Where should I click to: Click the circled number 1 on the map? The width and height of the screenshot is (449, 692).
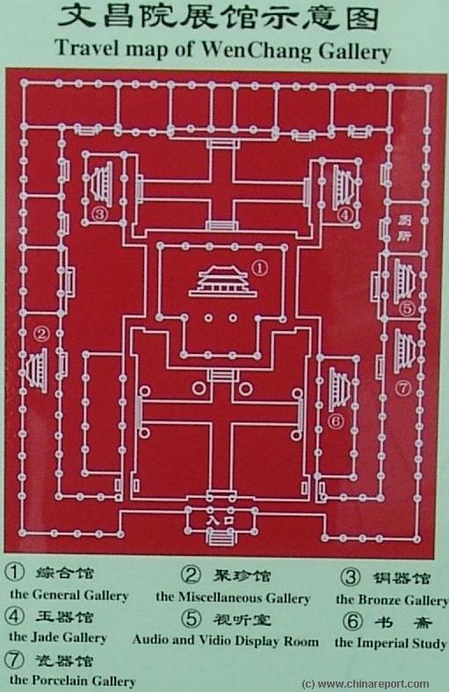pyautogui.click(x=260, y=268)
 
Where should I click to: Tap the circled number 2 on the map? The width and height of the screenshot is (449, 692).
pyautogui.click(x=42, y=334)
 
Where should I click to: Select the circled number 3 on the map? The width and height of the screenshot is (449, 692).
pyautogui.click(x=100, y=214)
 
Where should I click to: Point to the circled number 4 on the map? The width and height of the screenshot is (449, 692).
pyautogui.click(x=345, y=215)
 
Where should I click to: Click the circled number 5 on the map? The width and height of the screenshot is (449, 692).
pyautogui.click(x=407, y=308)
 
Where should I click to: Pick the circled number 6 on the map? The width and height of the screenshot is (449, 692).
pyautogui.click(x=336, y=421)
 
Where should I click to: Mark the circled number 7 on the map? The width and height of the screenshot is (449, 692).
pyautogui.click(x=403, y=388)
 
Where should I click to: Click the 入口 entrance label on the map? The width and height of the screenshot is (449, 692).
pyautogui.click(x=221, y=520)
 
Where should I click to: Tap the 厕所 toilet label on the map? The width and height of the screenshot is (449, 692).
pyautogui.click(x=404, y=227)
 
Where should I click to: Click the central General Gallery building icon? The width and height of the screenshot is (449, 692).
pyautogui.click(x=223, y=282)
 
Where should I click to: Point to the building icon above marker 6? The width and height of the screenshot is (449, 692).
pyautogui.click(x=339, y=390)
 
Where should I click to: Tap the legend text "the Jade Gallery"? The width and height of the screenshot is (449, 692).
pyautogui.click(x=58, y=638)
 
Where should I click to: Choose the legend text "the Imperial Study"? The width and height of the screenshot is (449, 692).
pyautogui.click(x=390, y=643)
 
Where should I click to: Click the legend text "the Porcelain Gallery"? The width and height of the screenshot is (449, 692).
pyautogui.click(x=72, y=680)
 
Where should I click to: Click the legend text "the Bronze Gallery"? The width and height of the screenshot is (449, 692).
pyautogui.click(x=392, y=600)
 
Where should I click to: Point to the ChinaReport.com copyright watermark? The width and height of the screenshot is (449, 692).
pyautogui.click(x=366, y=684)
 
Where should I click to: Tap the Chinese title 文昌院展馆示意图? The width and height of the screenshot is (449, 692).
pyautogui.click(x=219, y=18)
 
